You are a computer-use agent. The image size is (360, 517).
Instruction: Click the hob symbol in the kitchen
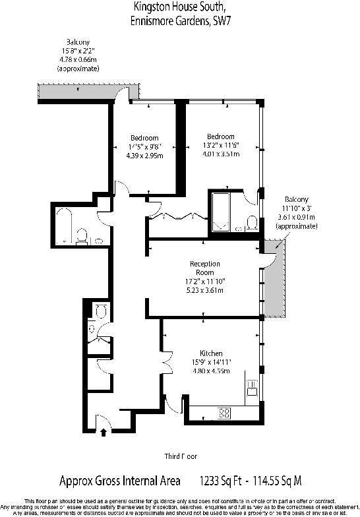[224, 413]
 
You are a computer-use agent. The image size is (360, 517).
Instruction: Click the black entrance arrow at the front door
[103, 433]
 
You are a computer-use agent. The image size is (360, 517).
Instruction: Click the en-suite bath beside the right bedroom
[219, 209]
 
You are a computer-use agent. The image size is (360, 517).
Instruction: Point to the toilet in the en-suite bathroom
[251, 221]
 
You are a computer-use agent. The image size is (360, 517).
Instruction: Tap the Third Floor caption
[180, 456]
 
